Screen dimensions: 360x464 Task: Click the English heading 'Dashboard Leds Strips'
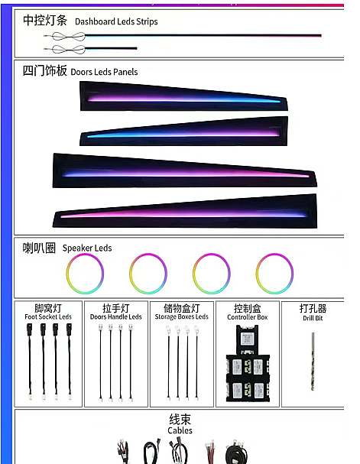click(116, 21)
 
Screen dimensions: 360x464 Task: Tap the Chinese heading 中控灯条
click(45, 21)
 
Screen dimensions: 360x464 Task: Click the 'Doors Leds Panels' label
click(104, 72)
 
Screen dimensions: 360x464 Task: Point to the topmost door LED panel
click(183, 96)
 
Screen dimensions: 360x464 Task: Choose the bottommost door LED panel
click(185, 211)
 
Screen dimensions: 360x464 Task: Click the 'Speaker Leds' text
click(87, 248)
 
